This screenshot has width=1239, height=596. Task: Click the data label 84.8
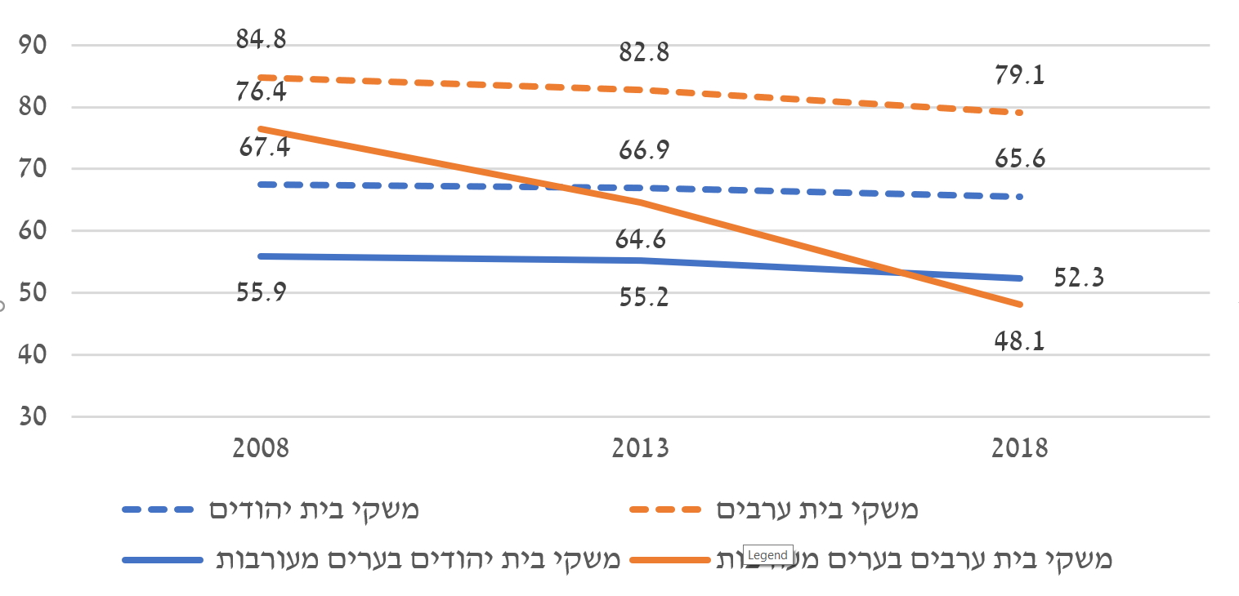click(262, 39)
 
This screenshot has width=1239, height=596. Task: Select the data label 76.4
click(262, 91)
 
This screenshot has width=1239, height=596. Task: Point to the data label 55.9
click(262, 292)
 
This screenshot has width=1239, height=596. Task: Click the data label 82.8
click(644, 53)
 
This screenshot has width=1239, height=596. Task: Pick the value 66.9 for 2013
click(644, 151)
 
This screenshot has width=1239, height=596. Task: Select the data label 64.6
click(641, 241)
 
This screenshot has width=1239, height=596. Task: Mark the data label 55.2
click(644, 296)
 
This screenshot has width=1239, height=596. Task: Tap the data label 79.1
click(1020, 76)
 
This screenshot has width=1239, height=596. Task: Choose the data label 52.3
click(1079, 278)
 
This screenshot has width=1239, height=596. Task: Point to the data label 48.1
click(1020, 339)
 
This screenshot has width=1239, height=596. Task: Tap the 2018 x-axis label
click(1020, 449)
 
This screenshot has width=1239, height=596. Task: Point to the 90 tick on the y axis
click(34, 45)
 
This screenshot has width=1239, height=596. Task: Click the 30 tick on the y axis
click(34, 416)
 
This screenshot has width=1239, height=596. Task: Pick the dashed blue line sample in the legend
click(159, 510)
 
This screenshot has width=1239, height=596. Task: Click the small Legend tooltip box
click(768, 555)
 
